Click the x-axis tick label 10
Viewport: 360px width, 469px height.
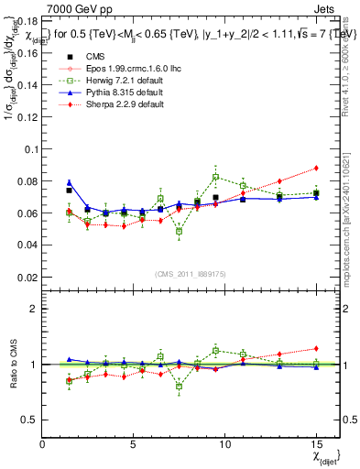click(x=224, y=443)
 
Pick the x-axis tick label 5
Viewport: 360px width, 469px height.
click(x=134, y=443)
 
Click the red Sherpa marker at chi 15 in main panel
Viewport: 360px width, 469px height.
click(x=316, y=168)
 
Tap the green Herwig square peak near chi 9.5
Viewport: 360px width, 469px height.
click(x=215, y=177)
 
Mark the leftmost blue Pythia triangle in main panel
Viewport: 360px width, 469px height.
click(x=70, y=182)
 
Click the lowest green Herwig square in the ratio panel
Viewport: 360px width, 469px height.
click(x=180, y=387)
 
